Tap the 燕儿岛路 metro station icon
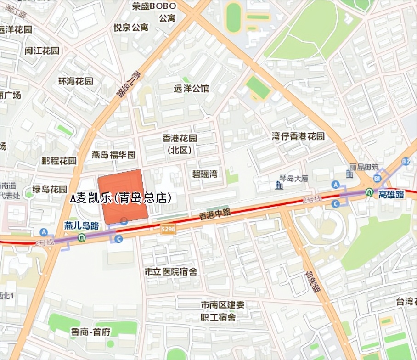(x=81, y=237)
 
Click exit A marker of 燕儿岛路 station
(x=44, y=232)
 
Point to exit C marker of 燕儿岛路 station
(x=119, y=238)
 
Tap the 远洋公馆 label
(x=191, y=88)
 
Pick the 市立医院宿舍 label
(x=171, y=272)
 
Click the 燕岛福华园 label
(x=114, y=154)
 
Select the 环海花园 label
(x=76, y=81)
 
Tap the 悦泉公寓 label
(x=131, y=28)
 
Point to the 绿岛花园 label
(x=50, y=189)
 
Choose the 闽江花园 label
(x=42, y=51)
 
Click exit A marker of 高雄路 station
(x=336, y=184)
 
